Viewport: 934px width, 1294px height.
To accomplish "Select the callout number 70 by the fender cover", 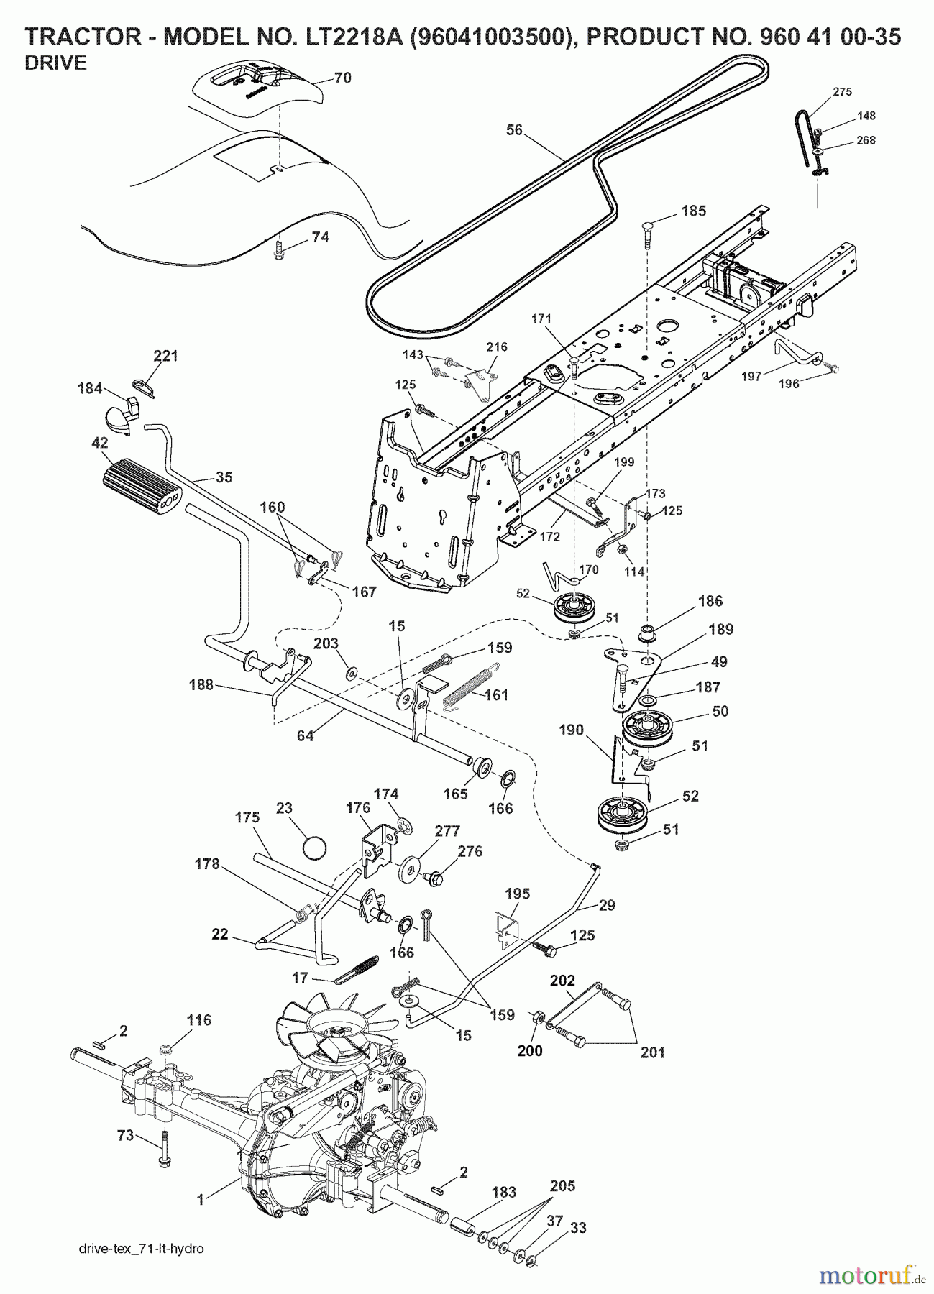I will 343,78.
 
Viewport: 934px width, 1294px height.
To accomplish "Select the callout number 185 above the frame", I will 694,211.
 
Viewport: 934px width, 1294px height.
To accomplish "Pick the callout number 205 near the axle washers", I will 562,1186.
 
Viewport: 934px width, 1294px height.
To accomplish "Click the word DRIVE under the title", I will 56,63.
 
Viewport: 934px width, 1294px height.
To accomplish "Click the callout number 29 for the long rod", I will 607,905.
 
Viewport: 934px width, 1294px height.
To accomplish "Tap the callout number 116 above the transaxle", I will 199,1019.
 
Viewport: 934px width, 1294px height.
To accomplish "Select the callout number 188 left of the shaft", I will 201,685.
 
